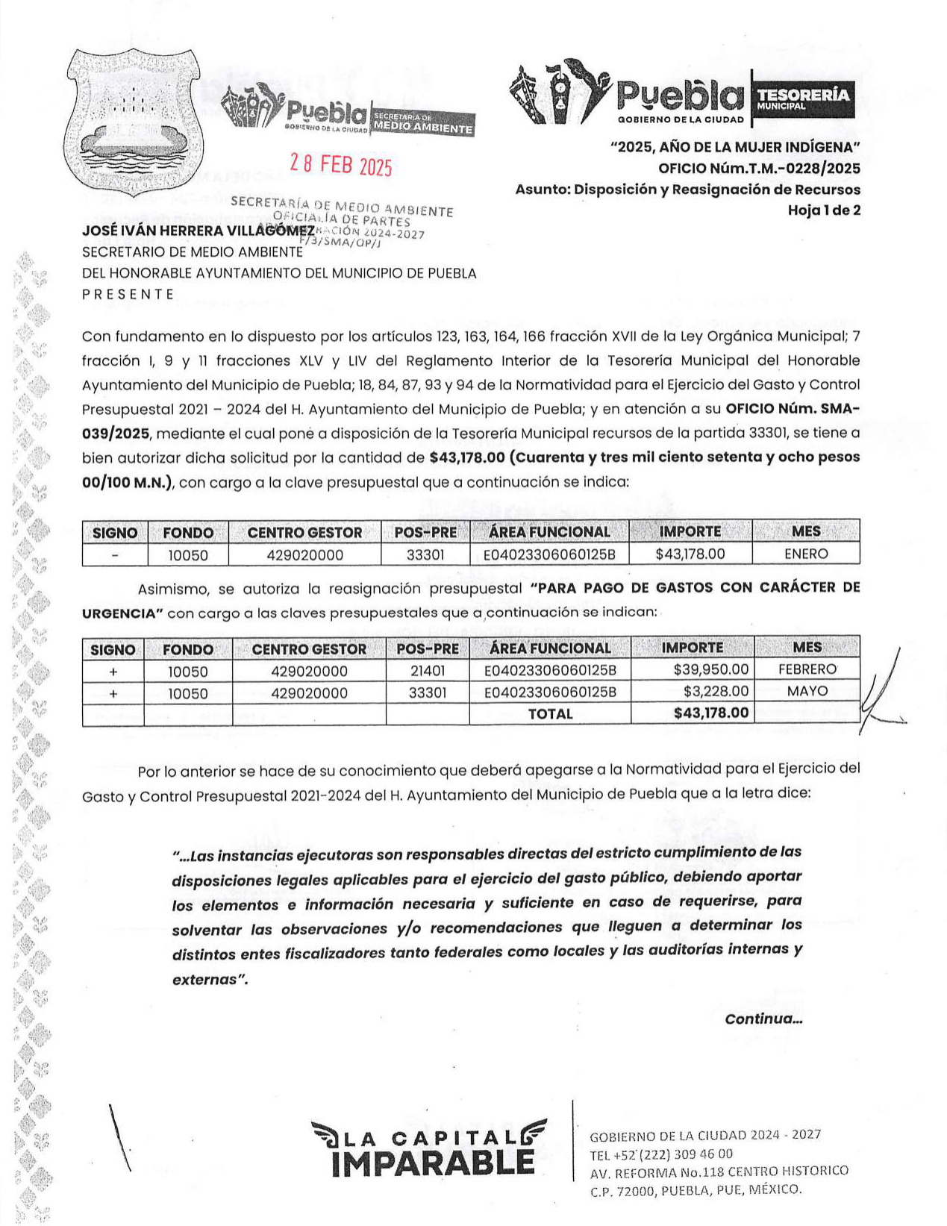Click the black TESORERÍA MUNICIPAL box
click(x=802, y=97)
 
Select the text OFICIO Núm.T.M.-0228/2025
click(x=759, y=168)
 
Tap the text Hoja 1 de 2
click(x=824, y=210)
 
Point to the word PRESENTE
click(x=128, y=294)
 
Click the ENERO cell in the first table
click(x=806, y=554)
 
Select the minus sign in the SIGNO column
click(x=115, y=554)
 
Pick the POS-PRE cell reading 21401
click(x=428, y=671)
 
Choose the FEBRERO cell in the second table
click(x=807, y=669)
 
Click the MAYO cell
click(x=807, y=691)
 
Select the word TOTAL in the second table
click(x=550, y=714)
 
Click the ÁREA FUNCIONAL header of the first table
click(x=549, y=532)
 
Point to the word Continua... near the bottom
click(x=763, y=1019)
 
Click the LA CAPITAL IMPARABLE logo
click(x=431, y=1149)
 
